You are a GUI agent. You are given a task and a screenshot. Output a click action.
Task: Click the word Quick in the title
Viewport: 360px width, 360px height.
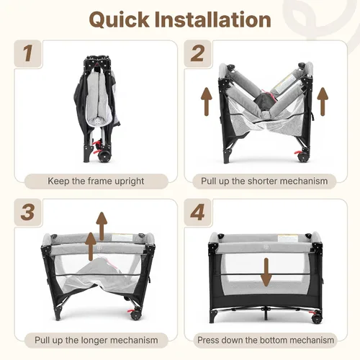[120, 20]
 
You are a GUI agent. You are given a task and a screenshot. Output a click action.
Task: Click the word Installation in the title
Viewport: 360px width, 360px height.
[213, 19]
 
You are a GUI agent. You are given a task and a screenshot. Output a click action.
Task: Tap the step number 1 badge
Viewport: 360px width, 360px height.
[28, 53]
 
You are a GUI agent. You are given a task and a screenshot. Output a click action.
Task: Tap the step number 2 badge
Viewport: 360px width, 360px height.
[197, 53]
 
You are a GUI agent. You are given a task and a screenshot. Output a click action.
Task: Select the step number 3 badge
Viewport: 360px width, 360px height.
[28, 212]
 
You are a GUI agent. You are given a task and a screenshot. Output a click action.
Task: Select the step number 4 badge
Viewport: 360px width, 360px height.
[197, 212]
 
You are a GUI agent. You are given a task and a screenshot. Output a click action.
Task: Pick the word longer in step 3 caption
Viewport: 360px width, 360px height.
[94, 341]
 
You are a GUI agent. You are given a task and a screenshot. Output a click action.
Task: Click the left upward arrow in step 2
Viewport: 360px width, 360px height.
[207, 102]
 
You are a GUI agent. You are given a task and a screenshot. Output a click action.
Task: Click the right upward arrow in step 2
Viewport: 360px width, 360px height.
[323, 102]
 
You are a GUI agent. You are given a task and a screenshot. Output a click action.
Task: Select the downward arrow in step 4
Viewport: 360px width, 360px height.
[266, 272]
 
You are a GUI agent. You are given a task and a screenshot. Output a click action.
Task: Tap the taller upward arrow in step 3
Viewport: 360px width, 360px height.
[102, 226]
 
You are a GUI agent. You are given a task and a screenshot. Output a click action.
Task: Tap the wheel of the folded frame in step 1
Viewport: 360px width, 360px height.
[103, 156]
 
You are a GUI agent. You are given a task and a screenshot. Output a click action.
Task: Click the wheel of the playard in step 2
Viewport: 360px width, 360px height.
[302, 157]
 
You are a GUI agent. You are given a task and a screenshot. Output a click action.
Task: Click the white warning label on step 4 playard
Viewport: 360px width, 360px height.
[288, 239]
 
